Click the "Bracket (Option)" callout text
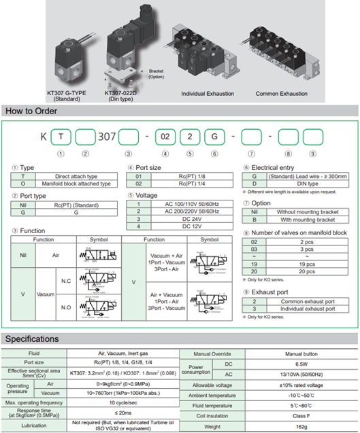coord(156,73)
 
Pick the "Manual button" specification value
coord(304,353)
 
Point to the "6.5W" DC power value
coord(304,364)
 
